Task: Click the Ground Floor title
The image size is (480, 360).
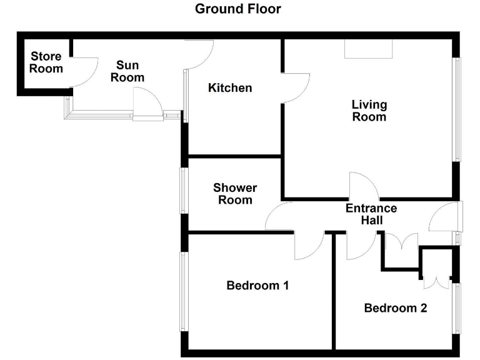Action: (238, 9)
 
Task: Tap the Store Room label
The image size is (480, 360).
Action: (46, 62)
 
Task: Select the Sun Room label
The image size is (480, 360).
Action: (127, 71)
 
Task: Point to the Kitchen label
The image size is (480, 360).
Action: (230, 88)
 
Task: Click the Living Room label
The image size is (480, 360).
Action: (369, 111)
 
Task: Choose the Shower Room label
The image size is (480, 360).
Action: (235, 194)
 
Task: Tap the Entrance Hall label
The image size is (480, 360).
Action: (371, 214)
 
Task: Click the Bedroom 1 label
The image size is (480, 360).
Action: (257, 286)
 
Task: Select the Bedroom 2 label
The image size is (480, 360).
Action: (396, 308)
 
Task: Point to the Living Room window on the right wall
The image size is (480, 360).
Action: (457, 109)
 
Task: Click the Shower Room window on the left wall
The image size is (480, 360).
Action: (184, 191)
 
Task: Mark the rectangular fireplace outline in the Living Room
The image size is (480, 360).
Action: (369, 49)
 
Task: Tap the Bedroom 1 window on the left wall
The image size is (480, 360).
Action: (184, 291)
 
